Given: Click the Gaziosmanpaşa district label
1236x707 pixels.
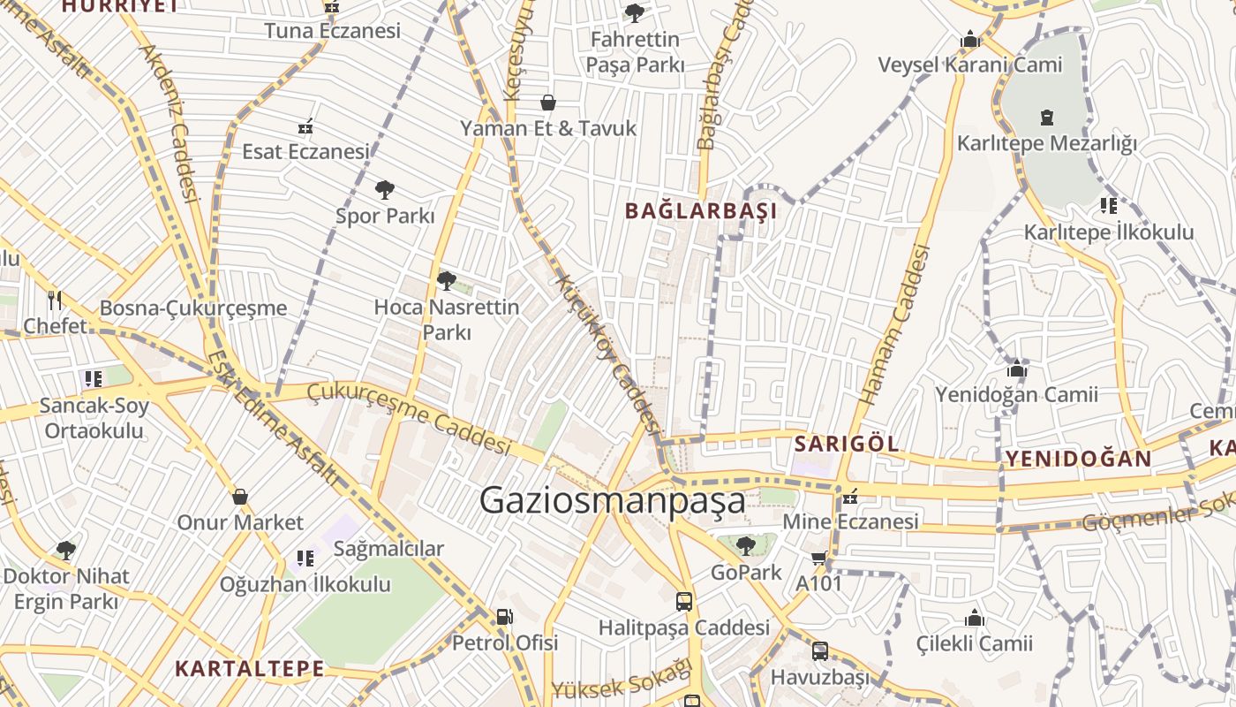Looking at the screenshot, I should click(x=612, y=500).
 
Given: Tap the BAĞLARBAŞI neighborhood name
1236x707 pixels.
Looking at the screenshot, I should click(x=701, y=211).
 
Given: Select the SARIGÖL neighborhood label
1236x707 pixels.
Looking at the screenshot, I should click(x=847, y=444).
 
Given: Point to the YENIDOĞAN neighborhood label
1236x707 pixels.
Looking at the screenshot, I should click(x=1078, y=458).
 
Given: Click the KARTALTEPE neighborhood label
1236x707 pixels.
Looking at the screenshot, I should click(x=250, y=668).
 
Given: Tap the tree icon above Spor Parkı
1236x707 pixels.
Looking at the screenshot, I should click(x=384, y=189).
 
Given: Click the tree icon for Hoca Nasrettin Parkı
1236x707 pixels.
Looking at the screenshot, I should click(x=447, y=281).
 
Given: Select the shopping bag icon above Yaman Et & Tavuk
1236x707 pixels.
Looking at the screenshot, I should click(x=548, y=103).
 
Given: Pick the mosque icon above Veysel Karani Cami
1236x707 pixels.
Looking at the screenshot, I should click(x=970, y=40).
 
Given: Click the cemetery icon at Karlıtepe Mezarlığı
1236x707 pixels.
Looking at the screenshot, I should click(x=1047, y=117).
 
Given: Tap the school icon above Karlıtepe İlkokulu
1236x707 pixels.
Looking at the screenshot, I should click(x=1109, y=206).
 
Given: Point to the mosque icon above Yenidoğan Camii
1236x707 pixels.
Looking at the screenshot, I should click(x=1017, y=369).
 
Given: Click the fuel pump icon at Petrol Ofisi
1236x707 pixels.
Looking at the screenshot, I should click(x=504, y=617).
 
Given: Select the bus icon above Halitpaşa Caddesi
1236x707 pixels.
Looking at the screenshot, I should click(x=684, y=602).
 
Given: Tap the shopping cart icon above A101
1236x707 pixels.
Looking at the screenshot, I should click(x=818, y=558).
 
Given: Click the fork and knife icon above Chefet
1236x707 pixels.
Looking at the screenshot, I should click(x=55, y=300).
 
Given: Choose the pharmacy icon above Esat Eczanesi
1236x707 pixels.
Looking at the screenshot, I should click(x=305, y=126).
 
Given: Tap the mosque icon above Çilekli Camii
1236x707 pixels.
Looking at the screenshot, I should click(x=975, y=618).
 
